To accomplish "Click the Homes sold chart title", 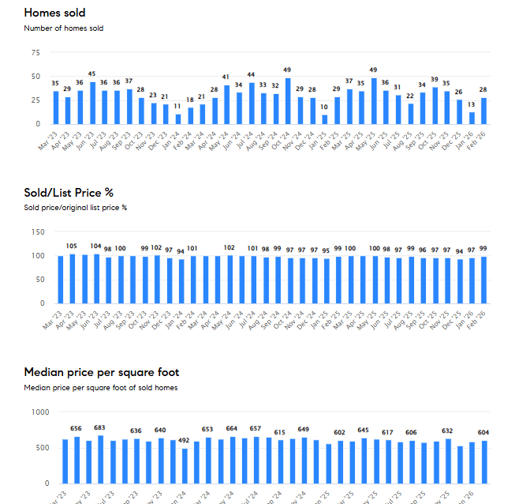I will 54,13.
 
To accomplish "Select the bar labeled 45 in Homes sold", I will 92,103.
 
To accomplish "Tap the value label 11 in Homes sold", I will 178,106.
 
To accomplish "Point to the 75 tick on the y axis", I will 35,53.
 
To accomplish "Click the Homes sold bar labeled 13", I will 472,118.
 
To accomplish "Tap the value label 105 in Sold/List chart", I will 72,246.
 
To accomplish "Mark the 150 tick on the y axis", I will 32,232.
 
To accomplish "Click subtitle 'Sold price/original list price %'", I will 76,208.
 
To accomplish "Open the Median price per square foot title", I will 102,372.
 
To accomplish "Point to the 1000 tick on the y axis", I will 30,412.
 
